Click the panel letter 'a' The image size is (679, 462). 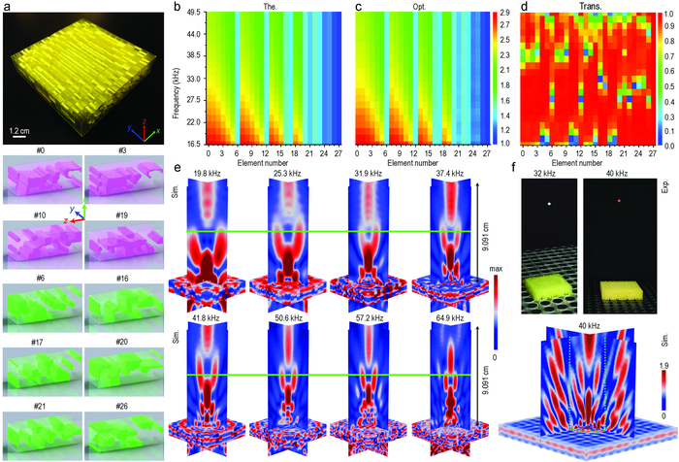[x=7, y=7]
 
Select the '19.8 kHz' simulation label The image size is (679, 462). [x=210, y=172]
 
